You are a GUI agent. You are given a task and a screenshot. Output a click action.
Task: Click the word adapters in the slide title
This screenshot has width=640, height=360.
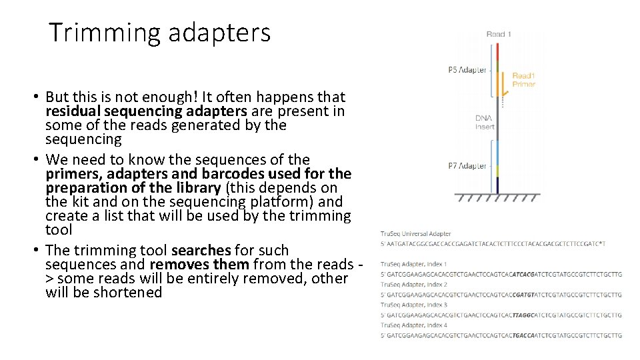pyautogui.click(x=219, y=33)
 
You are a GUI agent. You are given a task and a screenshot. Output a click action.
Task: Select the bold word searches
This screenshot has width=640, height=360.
pyautogui.click(x=201, y=250)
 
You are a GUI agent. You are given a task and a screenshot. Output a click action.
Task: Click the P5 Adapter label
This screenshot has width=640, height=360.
pyautogui.click(x=467, y=70)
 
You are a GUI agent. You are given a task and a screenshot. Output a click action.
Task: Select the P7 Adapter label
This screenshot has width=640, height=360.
pyautogui.click(x=467, y=166)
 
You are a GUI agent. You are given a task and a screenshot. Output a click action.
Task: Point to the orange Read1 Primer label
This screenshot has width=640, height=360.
pyautogui.click(x=523, y=80)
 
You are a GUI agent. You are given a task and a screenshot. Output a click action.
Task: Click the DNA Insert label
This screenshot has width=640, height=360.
pyautogui.click(x=484, y=122)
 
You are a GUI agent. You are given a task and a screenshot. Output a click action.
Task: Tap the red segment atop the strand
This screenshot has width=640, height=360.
pyautogui.click(x=497, y=52)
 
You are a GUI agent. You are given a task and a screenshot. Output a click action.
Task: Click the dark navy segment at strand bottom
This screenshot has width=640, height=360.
pyautogui.click(x=497, y=185)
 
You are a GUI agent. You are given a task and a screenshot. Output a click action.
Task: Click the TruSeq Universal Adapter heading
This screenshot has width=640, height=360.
pyautogui.click(x=415, y=234)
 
